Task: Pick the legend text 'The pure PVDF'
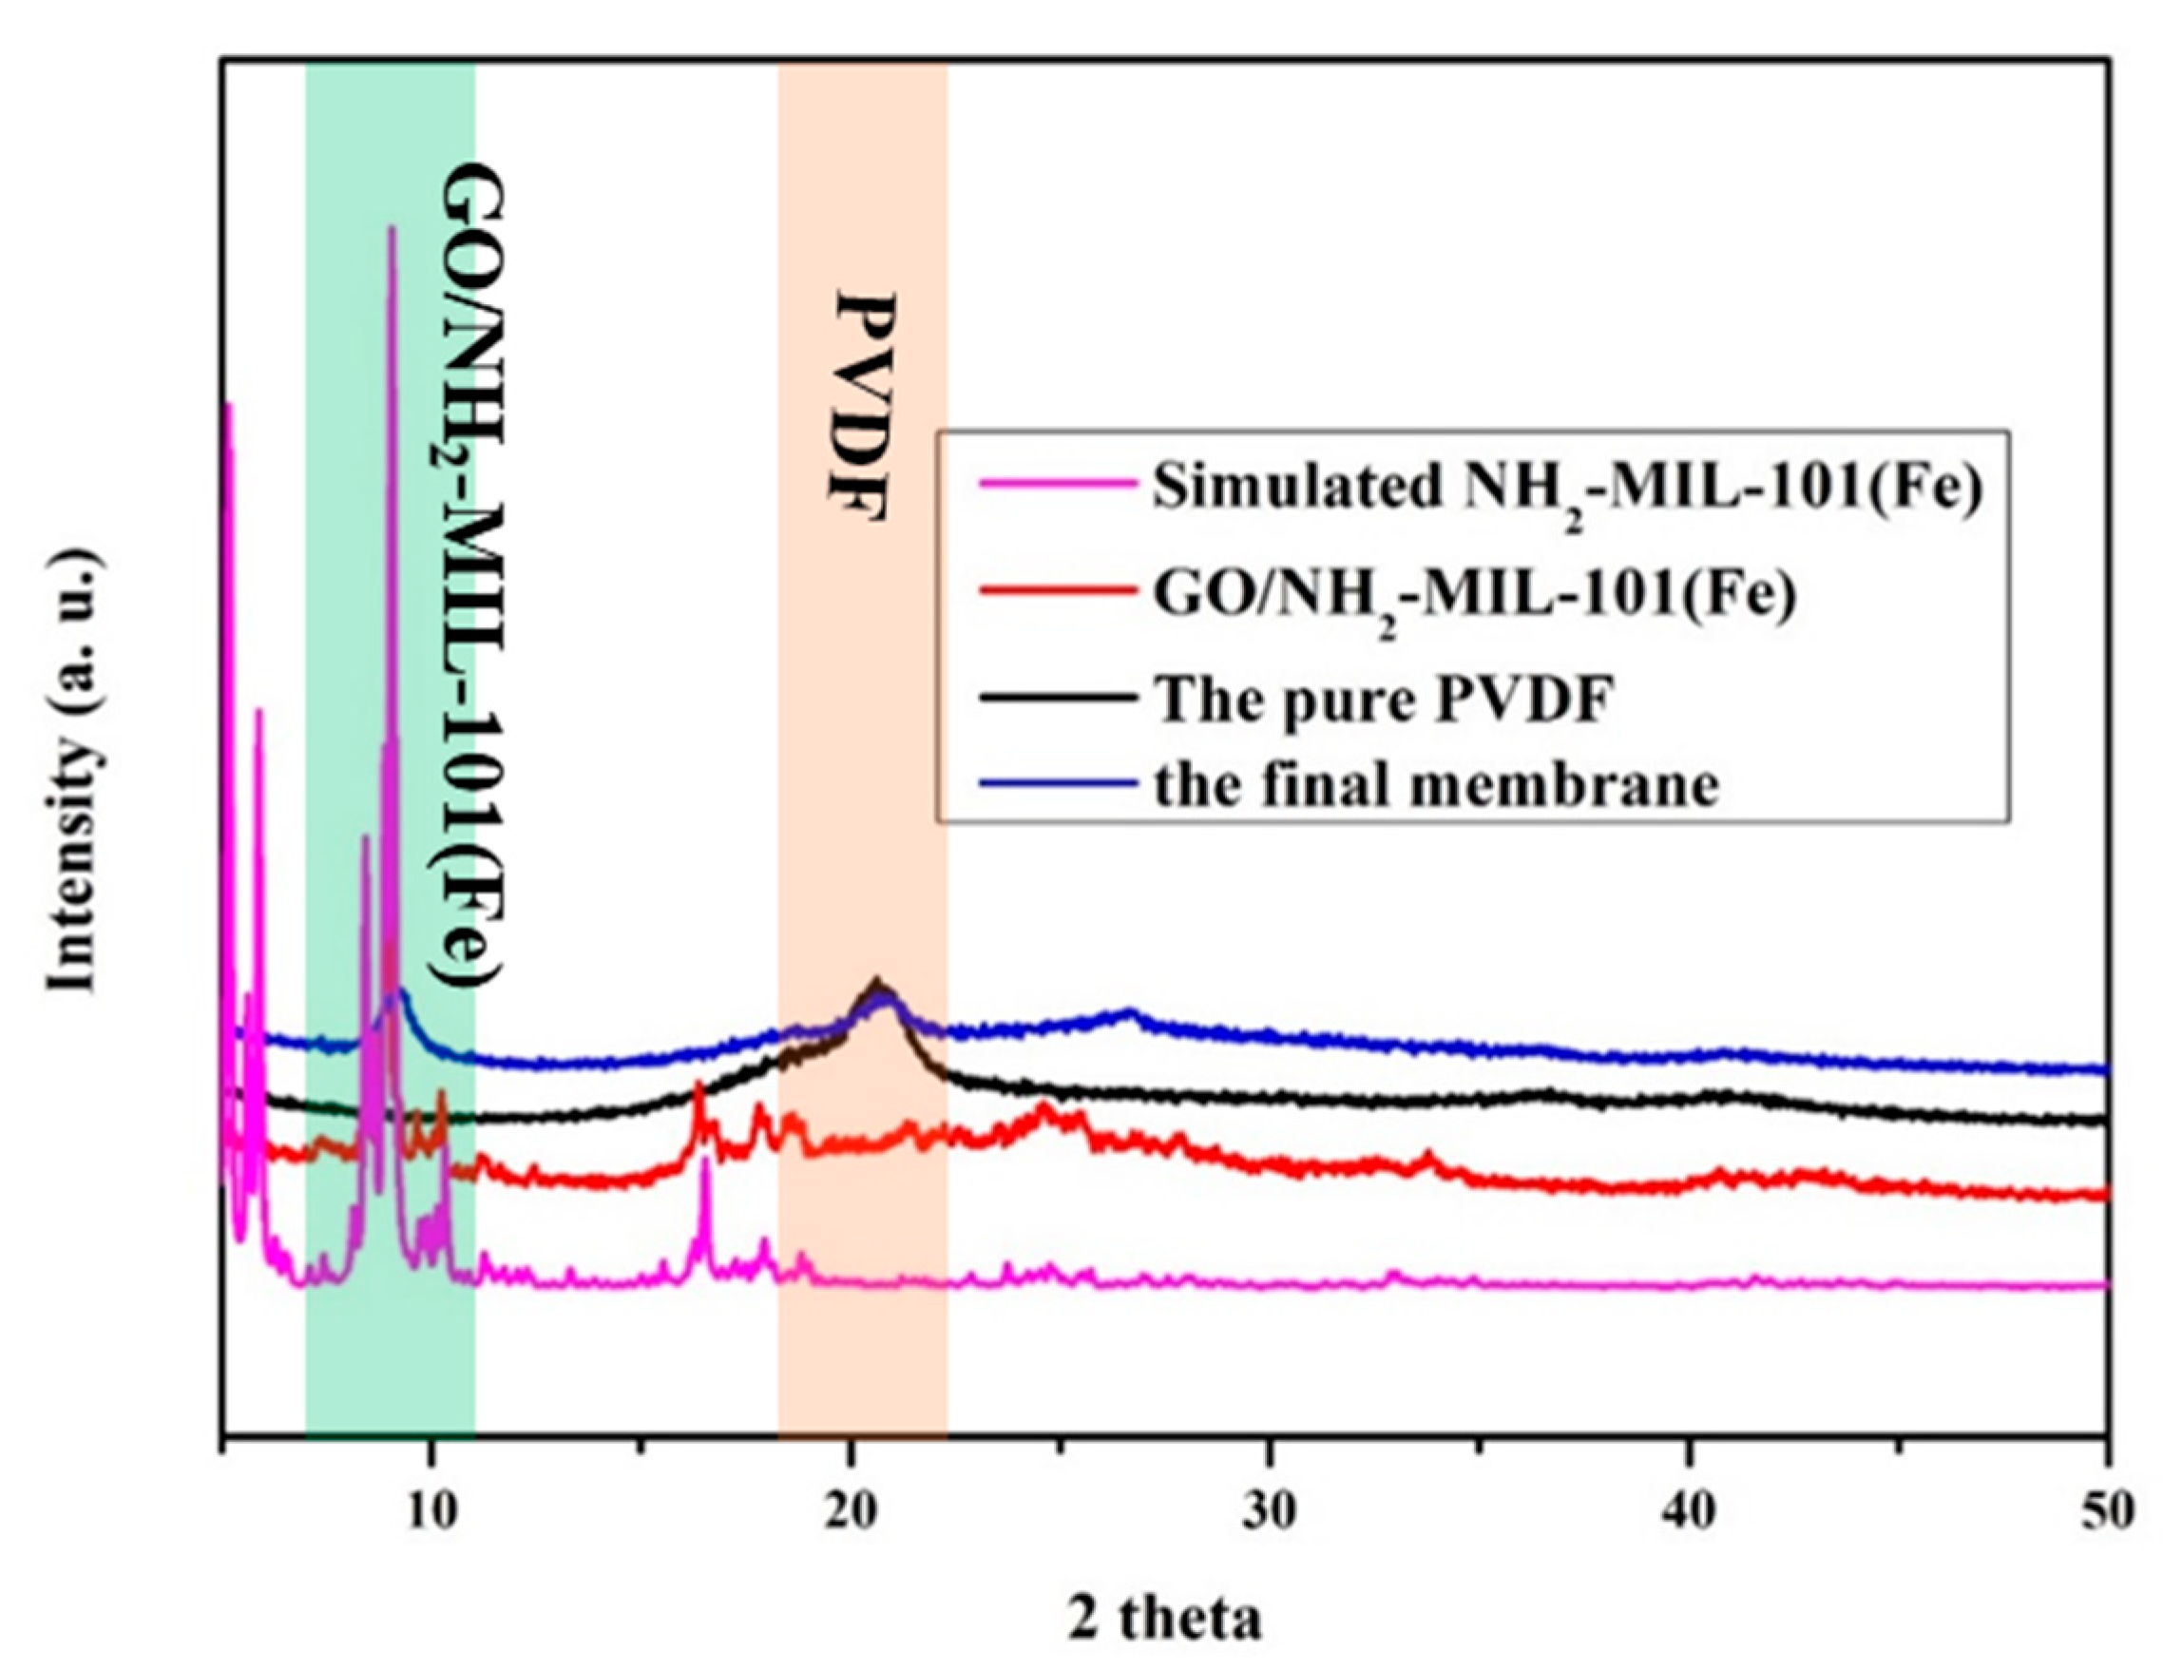click(x=1385, y=699)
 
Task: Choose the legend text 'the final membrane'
click(x=1435, y=784)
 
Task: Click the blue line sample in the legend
click(x=1057, y=782)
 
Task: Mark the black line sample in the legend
click(x=1057, y=698)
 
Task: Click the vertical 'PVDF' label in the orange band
click(x=861, y=407)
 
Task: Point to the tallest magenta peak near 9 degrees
click(x=392, y=230)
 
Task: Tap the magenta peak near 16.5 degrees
click(x=705, y=1162)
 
